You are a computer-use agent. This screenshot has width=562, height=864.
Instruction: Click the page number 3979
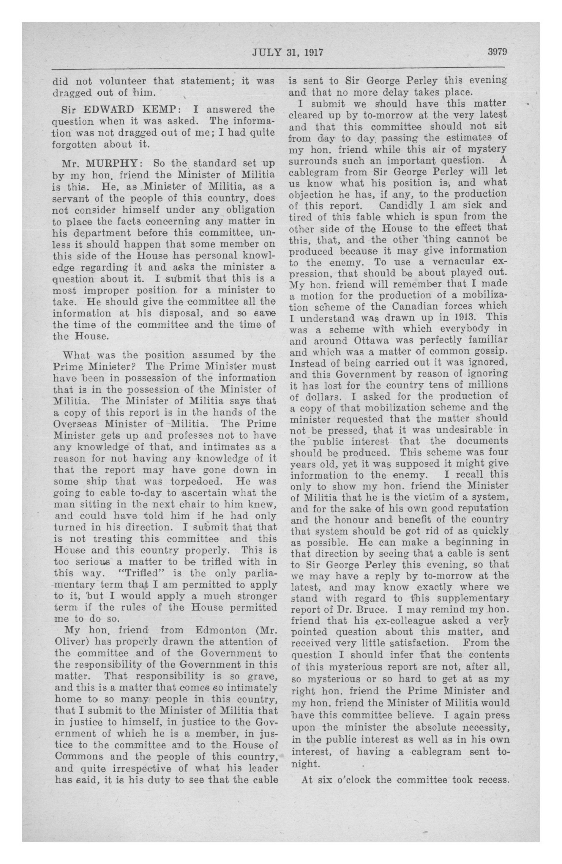[497, 52]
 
